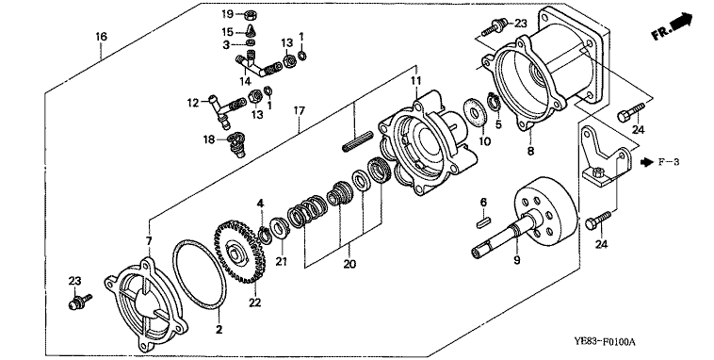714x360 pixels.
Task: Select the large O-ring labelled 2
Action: [x=200, y=275]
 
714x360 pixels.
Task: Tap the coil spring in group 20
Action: [x=307, y=210]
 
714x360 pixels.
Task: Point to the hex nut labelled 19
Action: [x=250, y=15]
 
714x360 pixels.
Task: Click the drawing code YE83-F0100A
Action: [x=604, y=342]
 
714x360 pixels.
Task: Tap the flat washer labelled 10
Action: [x=475, y=111]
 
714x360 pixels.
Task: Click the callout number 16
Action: [x=101, y=37]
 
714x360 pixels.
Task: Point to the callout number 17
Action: [x=300, y=110]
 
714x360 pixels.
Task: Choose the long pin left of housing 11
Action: [x=357, y=141]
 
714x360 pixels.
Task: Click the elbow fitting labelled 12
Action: [x=219, y=109]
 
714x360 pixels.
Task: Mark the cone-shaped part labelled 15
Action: [x=251, y=31]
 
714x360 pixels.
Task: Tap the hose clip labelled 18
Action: [x=235, y=143]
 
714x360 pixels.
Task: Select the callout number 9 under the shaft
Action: [x=517, y=260]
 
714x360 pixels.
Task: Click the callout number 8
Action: [x=530, y=151]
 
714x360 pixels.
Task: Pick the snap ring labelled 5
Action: [x=494, y=102]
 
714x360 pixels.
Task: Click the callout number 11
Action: [x=415, y=81]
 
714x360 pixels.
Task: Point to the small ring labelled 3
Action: [x=250, y=42]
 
